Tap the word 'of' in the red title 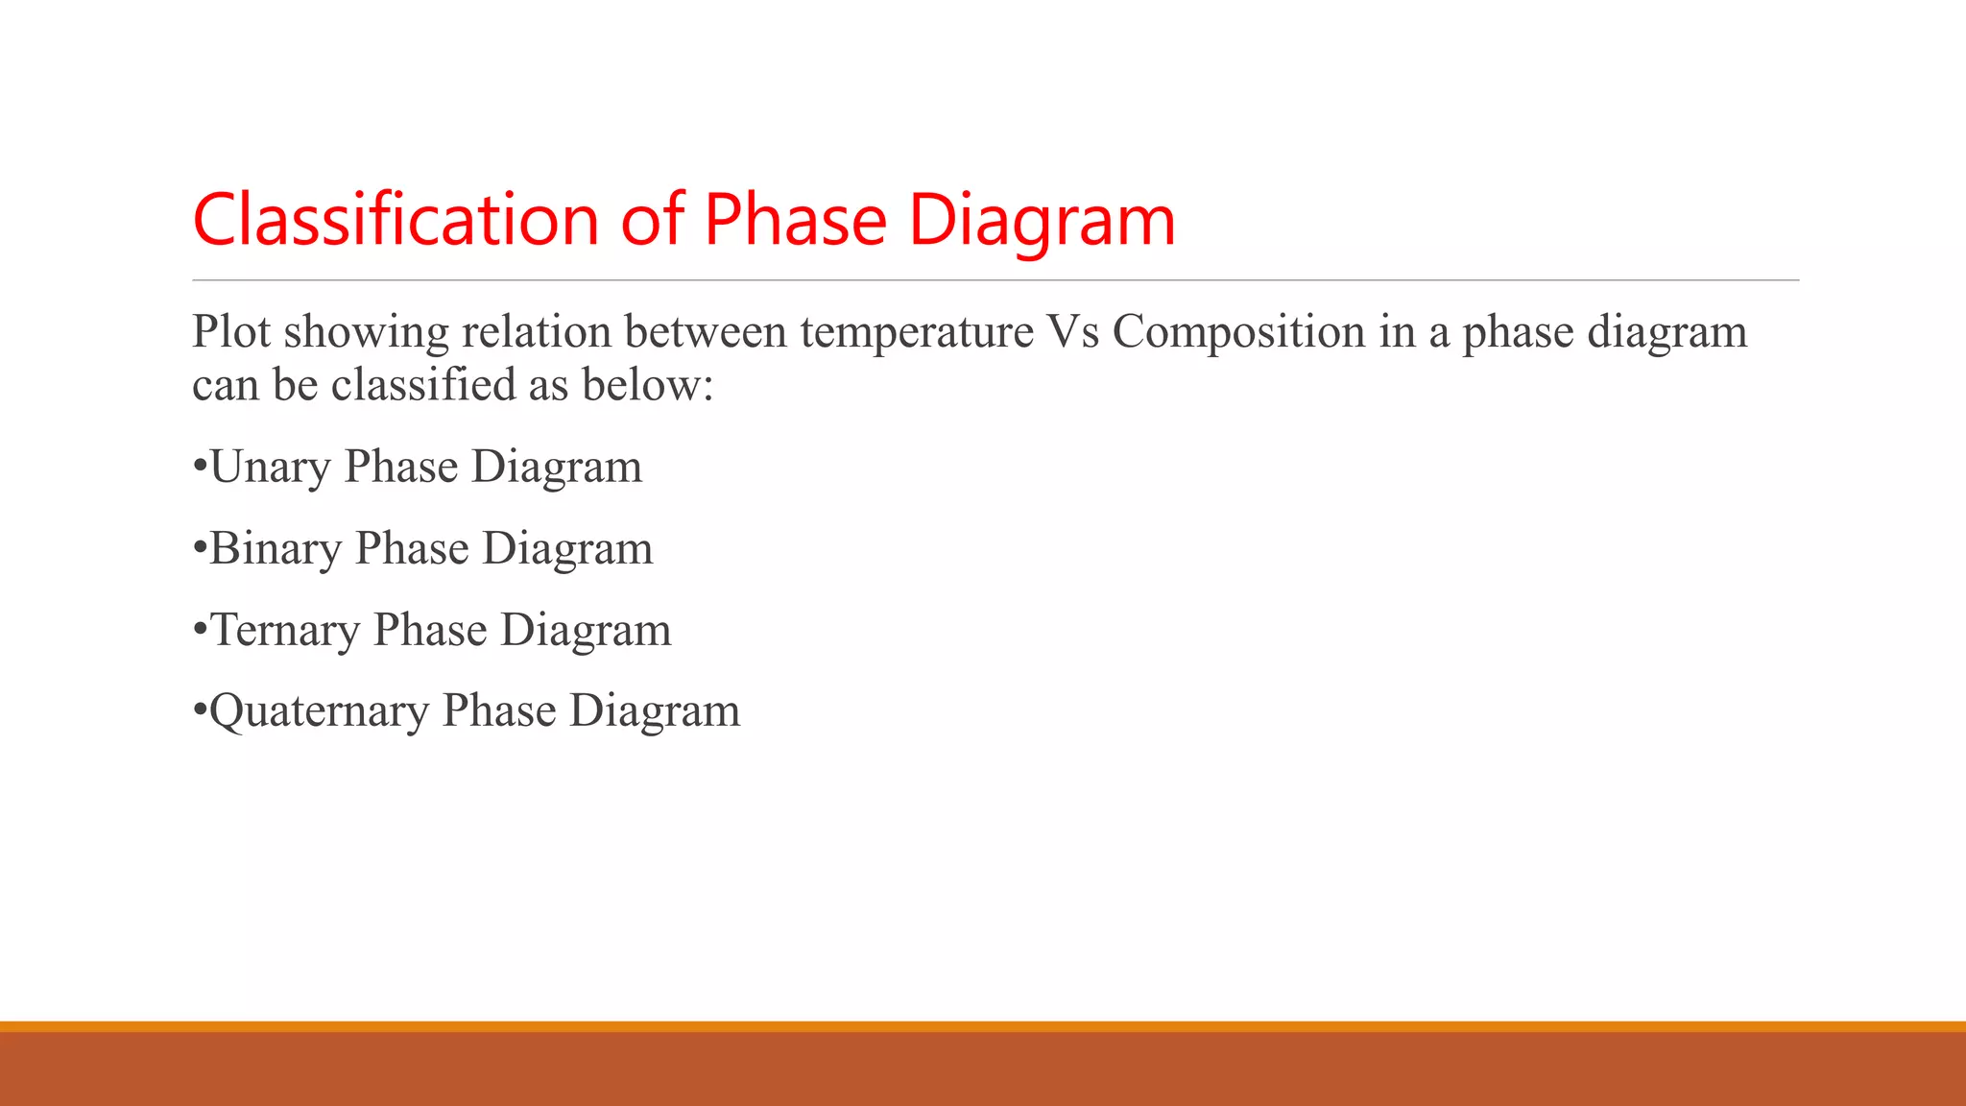652,220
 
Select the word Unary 270,467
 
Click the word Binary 276,548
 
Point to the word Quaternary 319,711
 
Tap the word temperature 917,332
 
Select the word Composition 1238,332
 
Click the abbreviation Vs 1073,332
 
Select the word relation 537,332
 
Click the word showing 366,332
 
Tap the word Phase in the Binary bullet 412,548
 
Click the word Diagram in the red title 1042,220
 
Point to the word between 706,332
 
